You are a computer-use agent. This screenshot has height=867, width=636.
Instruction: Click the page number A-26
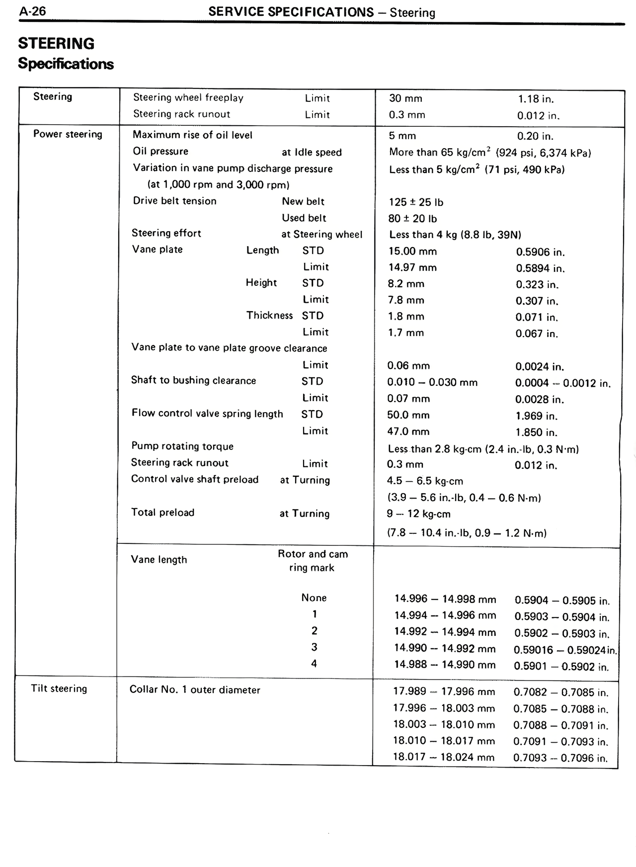coord(32,11)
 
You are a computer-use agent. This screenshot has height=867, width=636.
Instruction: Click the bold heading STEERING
coord(56,44)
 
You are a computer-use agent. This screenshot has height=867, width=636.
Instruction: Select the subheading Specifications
coord(66,64)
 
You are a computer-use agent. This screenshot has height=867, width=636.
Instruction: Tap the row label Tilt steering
coord(59,689)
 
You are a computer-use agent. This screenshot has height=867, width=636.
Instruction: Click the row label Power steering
coord(68,134)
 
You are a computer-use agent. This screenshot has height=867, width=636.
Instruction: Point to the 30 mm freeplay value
coord(405,98)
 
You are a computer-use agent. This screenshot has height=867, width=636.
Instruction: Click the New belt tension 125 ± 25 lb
coord(416,202)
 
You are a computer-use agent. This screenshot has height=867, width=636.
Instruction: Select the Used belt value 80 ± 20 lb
coord(412,219)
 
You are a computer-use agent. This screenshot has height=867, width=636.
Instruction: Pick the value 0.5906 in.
coord(540,252)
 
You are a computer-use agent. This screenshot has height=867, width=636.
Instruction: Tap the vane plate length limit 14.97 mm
coord(412,267)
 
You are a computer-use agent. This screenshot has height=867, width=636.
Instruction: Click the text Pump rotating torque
coord(182,446)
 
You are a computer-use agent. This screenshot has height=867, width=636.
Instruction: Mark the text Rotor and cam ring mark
coord(313,561)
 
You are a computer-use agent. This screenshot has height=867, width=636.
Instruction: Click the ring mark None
coord(314,598)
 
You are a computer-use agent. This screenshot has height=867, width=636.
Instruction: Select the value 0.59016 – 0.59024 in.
coord(565,650)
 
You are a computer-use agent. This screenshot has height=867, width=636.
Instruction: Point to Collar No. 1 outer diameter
coord(195,690)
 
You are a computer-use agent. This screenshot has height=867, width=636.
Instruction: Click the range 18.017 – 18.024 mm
coord(444,757)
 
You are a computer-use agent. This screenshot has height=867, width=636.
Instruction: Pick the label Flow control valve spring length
coord(207,414)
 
